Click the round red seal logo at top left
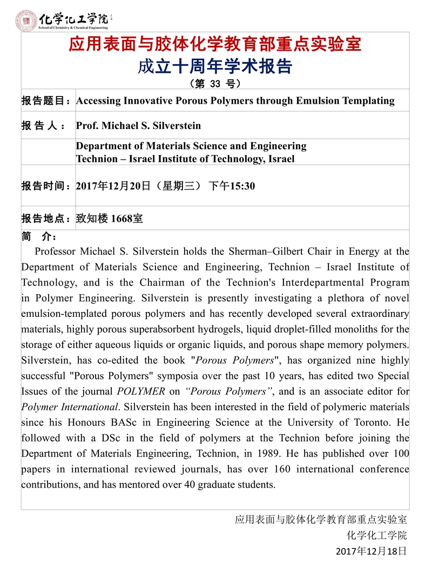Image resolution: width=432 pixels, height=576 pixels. point(26,20)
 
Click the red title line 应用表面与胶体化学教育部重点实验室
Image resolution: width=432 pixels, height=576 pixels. point(215,44)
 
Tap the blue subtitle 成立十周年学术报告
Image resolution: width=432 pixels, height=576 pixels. point(215,66)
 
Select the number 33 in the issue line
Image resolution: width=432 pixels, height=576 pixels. point(214,84)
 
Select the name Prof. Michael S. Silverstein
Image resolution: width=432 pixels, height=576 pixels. point(138,126)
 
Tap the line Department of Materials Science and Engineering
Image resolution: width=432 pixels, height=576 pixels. point(191,146)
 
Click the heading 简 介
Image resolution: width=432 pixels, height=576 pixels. point(39,237)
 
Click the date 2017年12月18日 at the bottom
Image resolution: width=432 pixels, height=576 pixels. point(370,551)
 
